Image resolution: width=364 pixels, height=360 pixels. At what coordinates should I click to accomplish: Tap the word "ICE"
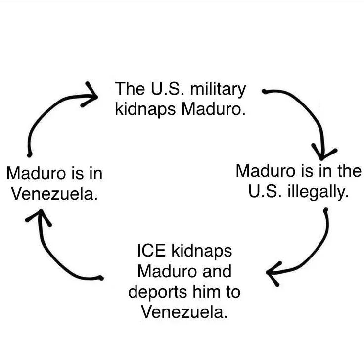coord(152,251)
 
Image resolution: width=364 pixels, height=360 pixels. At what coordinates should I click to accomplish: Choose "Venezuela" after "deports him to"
coord(184,312)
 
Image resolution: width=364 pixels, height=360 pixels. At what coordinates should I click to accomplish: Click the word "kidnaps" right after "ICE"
coord(201,251)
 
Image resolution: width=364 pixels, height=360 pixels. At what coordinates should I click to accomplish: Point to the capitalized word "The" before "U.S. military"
coord(129,89)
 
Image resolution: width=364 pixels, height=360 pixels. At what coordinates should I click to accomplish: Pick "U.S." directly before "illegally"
coord(265,192)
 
